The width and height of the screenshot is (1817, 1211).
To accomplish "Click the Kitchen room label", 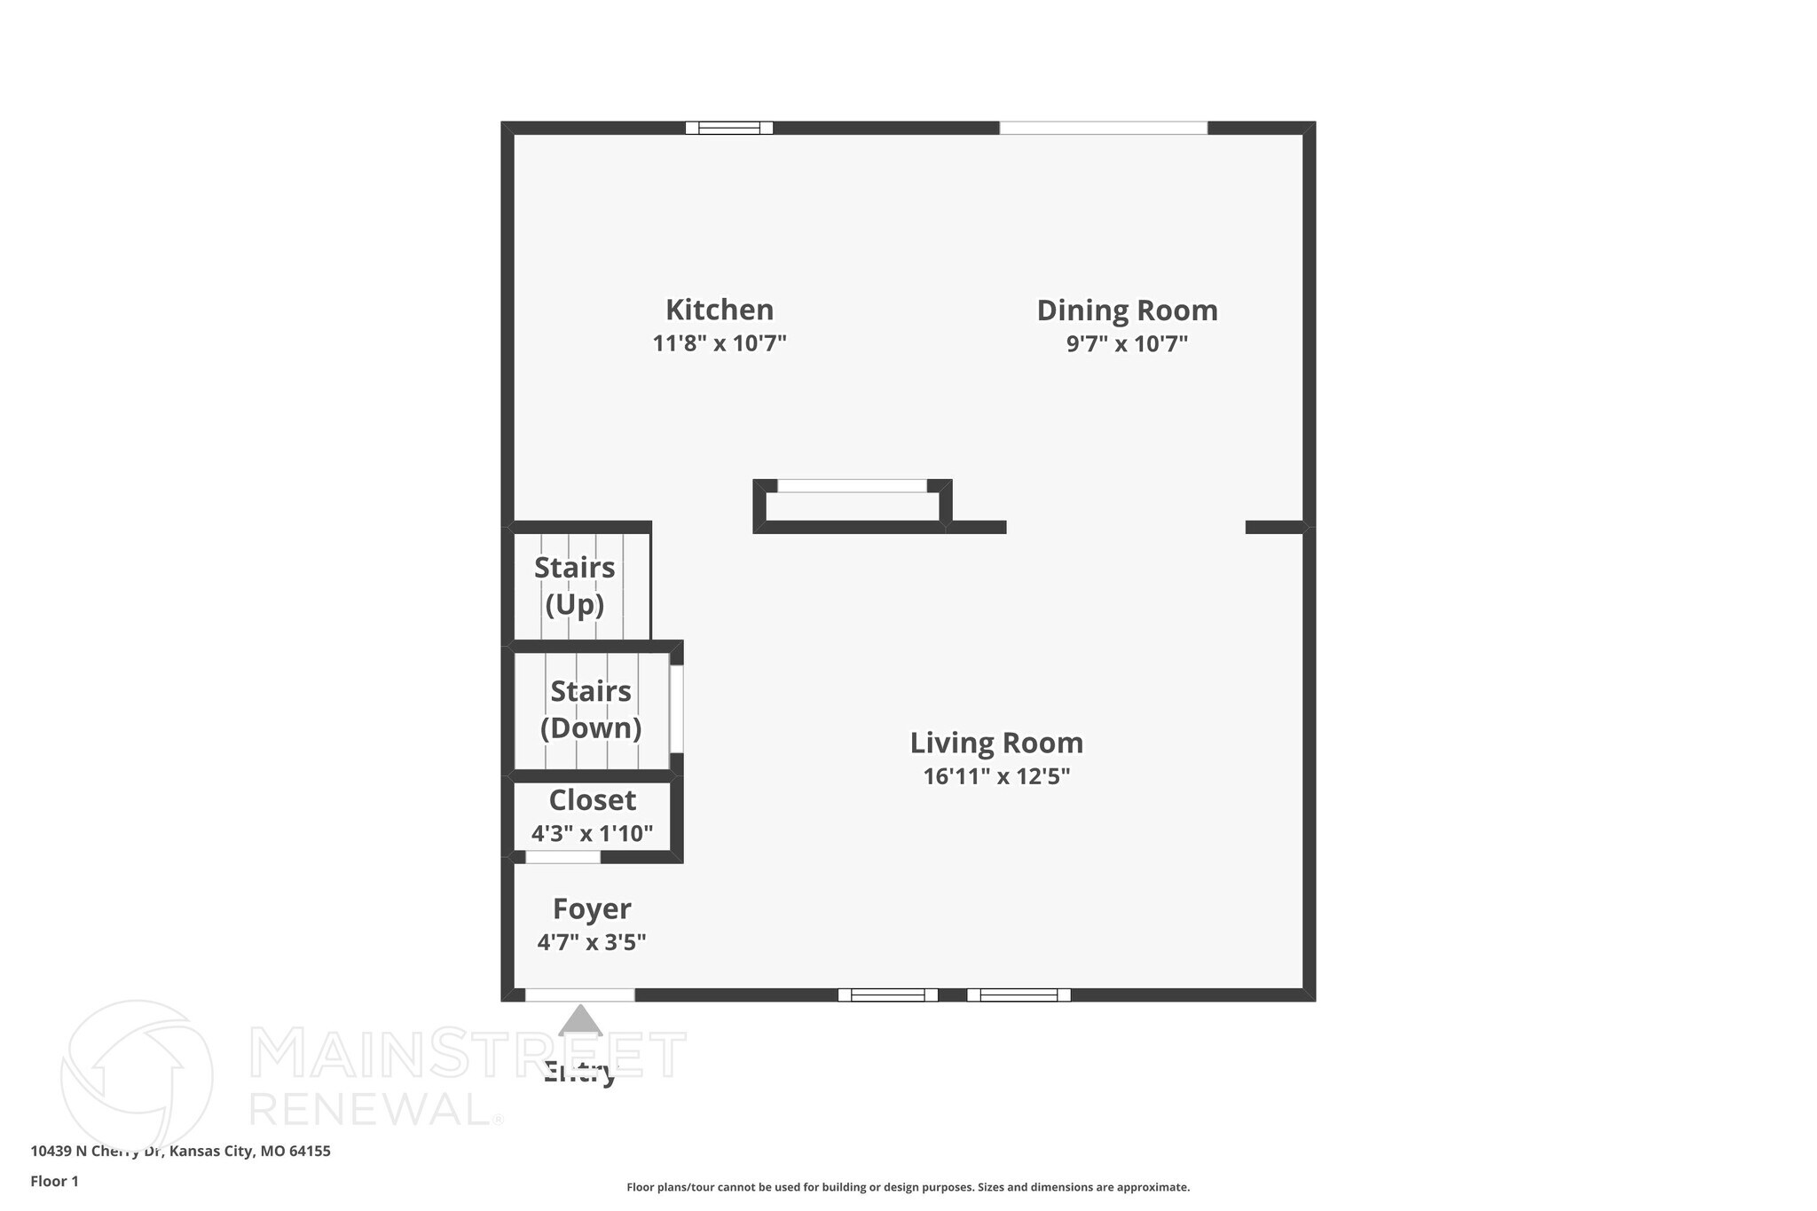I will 720,310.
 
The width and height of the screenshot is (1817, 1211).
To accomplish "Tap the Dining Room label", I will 1127,311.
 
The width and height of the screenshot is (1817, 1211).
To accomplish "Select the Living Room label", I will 996,743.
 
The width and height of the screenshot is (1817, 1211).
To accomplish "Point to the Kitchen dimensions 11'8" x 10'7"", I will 720,343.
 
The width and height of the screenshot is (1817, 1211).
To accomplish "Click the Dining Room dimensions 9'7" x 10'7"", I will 1127,343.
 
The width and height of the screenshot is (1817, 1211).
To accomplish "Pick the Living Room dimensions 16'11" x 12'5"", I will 996,776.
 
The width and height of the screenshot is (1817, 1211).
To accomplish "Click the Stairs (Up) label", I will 575,586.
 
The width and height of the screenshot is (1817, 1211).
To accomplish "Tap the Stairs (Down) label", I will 591,709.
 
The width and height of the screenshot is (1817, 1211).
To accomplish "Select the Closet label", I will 592,800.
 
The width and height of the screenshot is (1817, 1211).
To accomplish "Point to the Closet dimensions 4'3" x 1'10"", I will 592,834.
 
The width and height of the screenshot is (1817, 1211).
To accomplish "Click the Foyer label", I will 592,908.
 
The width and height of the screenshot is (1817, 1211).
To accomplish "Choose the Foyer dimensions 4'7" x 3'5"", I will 592,942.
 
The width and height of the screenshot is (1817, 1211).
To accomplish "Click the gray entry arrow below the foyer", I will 580,1021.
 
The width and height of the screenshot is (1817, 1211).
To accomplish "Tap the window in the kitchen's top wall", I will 729,128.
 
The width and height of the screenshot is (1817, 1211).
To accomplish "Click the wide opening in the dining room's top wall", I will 1103,128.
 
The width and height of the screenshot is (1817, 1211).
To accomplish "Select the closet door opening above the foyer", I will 562,857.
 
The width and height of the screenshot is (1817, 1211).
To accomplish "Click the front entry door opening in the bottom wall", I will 579,995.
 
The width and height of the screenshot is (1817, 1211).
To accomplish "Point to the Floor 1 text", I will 54,1181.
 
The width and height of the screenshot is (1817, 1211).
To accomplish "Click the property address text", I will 180,1151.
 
